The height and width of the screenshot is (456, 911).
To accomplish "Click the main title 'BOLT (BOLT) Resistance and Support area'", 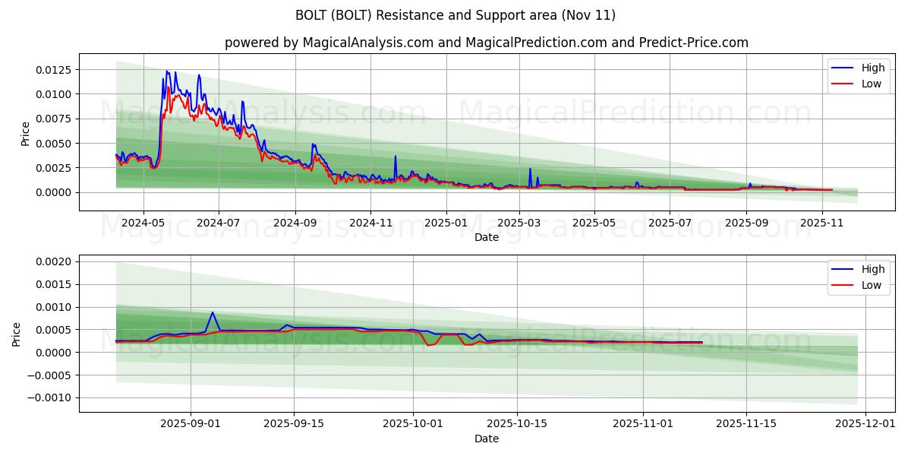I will click(455, 15).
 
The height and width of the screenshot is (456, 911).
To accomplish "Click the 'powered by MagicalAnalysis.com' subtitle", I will click(486, 43).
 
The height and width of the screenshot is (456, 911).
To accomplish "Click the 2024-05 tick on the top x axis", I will click(143, 223).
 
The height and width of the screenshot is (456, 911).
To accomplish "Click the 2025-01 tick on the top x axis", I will click(446, 223).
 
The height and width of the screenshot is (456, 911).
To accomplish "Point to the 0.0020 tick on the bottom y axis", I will click(54, 261).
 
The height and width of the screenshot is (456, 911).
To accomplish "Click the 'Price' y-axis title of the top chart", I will click(26, 134).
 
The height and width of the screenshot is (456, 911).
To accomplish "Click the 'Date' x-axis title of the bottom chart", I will click(486, 439).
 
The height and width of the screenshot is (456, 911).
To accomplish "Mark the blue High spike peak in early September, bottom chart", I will click(213, 312).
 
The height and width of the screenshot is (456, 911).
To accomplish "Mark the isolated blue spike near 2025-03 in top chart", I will click(530, 169).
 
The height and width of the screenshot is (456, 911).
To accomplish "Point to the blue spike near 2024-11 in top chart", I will click(395, 157).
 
